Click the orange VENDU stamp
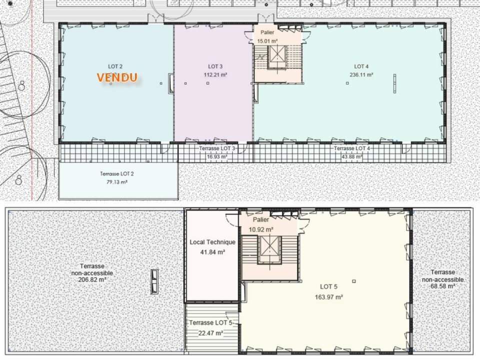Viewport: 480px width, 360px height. (x=117, y=77)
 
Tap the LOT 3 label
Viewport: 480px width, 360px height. (x=215, y=66)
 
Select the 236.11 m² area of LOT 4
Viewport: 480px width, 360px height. (x=361, y=74)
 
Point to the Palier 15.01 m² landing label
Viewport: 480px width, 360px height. (x=267, y=36)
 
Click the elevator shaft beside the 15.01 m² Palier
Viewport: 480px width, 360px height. (x=277, y=56)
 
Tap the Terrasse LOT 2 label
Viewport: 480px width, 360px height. (x=117, y=174)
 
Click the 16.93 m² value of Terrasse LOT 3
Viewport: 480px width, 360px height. (x=216, y=156)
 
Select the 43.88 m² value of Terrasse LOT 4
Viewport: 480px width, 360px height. (x=351, y=156)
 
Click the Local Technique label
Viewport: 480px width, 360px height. (x=212, y=242)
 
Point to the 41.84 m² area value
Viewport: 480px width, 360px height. (x=212, y=252)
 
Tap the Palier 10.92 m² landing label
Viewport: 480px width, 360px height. (x=261, y=224)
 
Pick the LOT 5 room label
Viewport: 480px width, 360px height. (x=328, y=287)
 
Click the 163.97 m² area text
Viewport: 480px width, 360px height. (x=329, y=297)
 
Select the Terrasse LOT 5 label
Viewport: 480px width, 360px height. (x=210, y=323)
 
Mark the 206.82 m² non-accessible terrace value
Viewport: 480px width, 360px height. (x=92, y=280)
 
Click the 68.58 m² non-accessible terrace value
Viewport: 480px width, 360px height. (x=442, y=286)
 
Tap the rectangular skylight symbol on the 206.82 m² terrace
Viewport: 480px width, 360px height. (x=154, y=281)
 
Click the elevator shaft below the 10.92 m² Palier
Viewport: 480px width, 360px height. (x=269, y=249)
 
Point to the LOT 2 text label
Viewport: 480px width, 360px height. (x=115, y=66)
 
